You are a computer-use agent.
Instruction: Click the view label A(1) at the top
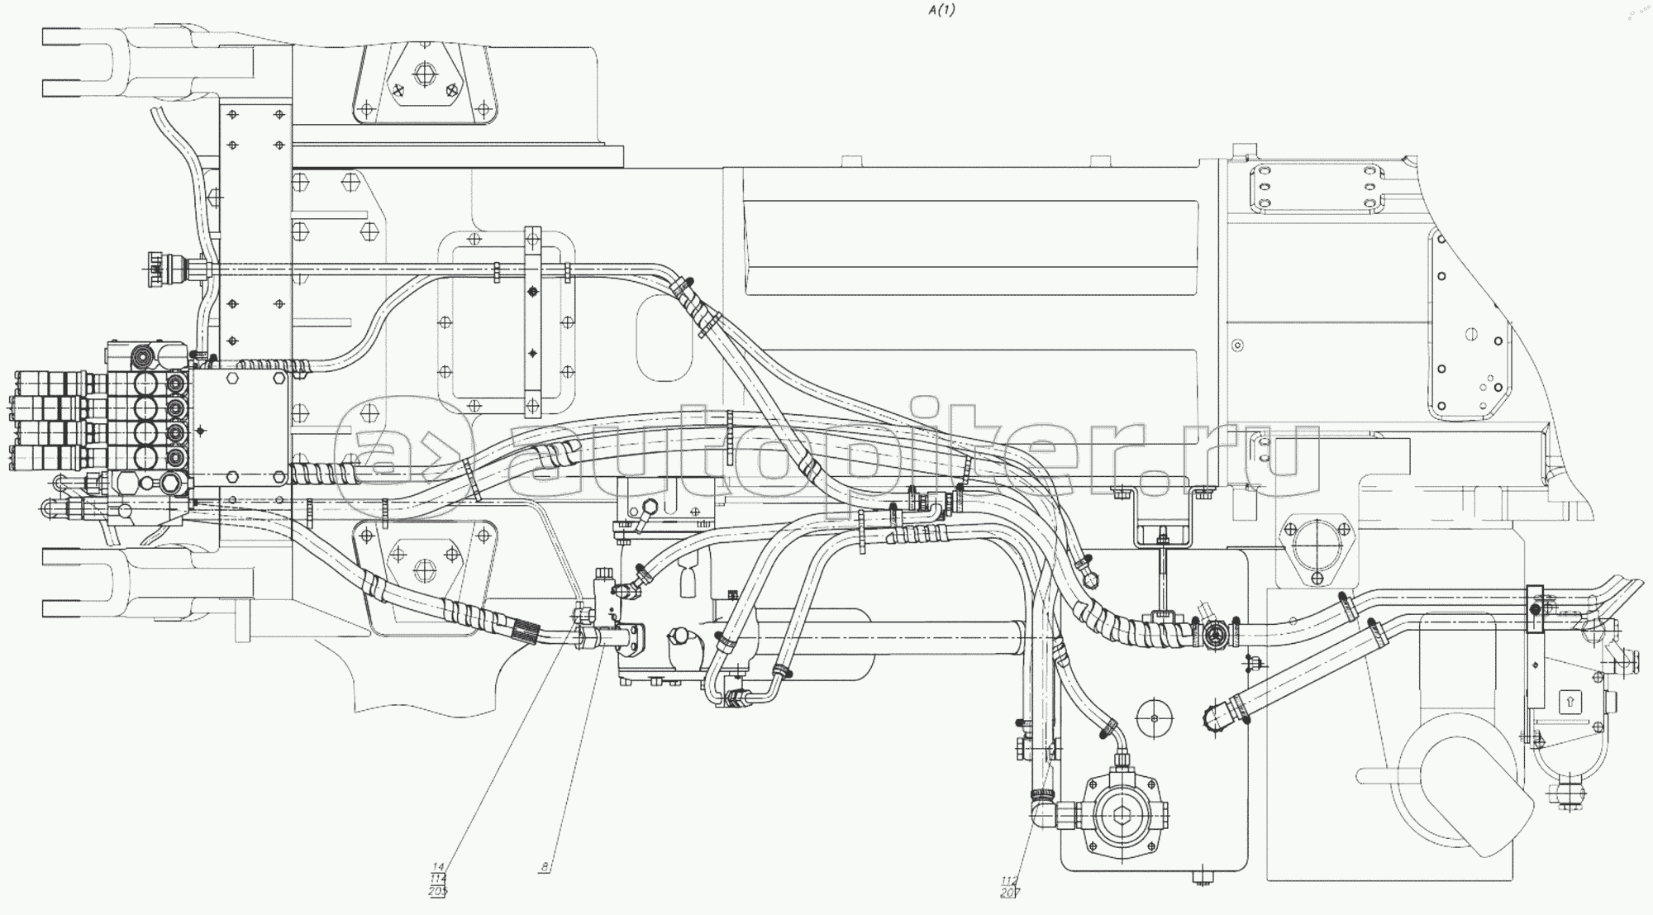tap(941, 11)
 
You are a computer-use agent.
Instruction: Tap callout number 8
tap(545, 867)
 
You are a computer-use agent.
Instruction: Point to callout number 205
tap(437, 891)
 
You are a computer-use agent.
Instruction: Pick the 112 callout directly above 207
tap(1009, 879)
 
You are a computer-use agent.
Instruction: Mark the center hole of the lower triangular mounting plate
tap(425, 569)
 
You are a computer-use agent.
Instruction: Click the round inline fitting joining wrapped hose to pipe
tap(1215, 635)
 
